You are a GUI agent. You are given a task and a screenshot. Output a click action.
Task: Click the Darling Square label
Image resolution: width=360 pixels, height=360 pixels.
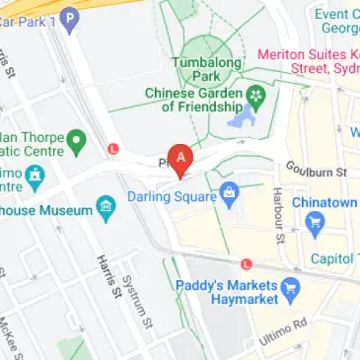[x=171, y=197]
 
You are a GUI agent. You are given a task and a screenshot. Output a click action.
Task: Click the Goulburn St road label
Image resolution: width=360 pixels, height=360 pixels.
[x=317, y=171]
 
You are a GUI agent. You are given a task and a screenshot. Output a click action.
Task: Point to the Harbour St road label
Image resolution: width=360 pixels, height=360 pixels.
[x=279, y=214]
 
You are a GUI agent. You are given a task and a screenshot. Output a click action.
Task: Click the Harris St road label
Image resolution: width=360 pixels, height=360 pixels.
[x=108, y=274]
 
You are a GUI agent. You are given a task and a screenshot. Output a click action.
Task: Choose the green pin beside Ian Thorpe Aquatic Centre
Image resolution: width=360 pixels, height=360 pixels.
[x=76, y=144]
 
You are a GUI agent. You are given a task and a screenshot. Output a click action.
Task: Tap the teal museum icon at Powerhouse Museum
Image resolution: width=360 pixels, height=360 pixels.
[x=106, y=207]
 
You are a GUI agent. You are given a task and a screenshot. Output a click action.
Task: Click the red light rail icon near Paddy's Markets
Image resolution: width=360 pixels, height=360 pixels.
[x=247, y=264]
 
